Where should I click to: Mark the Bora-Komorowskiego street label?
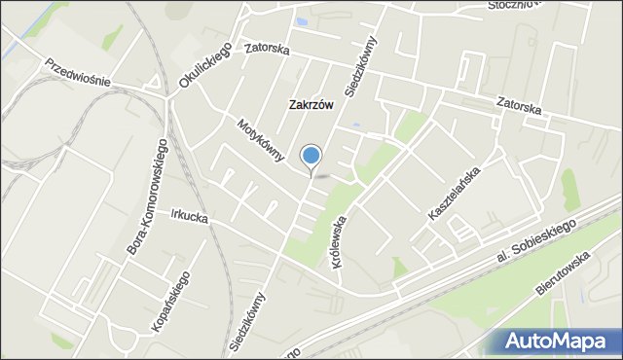click(x=149, y=198)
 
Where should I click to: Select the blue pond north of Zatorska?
click(x=302, y=20)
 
